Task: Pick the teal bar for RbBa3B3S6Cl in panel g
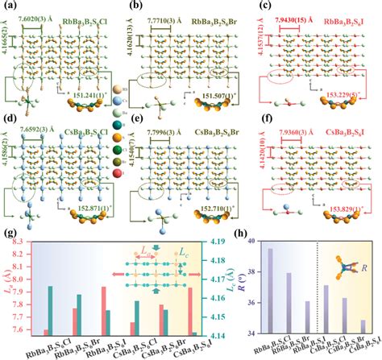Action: (52, 309)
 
